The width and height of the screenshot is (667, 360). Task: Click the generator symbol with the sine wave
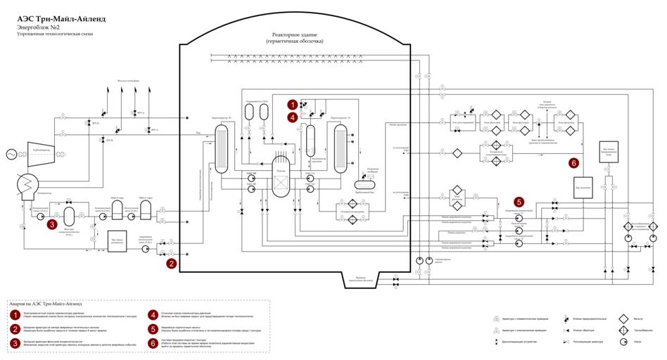[12, 154]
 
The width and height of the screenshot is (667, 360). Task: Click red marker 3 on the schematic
[53, 225]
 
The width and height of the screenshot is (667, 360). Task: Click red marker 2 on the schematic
[171, 264]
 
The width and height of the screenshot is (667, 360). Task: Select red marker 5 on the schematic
[519, 200]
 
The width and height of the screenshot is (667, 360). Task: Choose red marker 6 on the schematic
[573, 162]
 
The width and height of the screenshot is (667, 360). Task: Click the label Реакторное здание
[295, 34]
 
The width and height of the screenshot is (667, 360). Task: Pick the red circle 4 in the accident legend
[153, 314]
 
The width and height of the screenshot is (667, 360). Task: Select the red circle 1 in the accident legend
[15, 314]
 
